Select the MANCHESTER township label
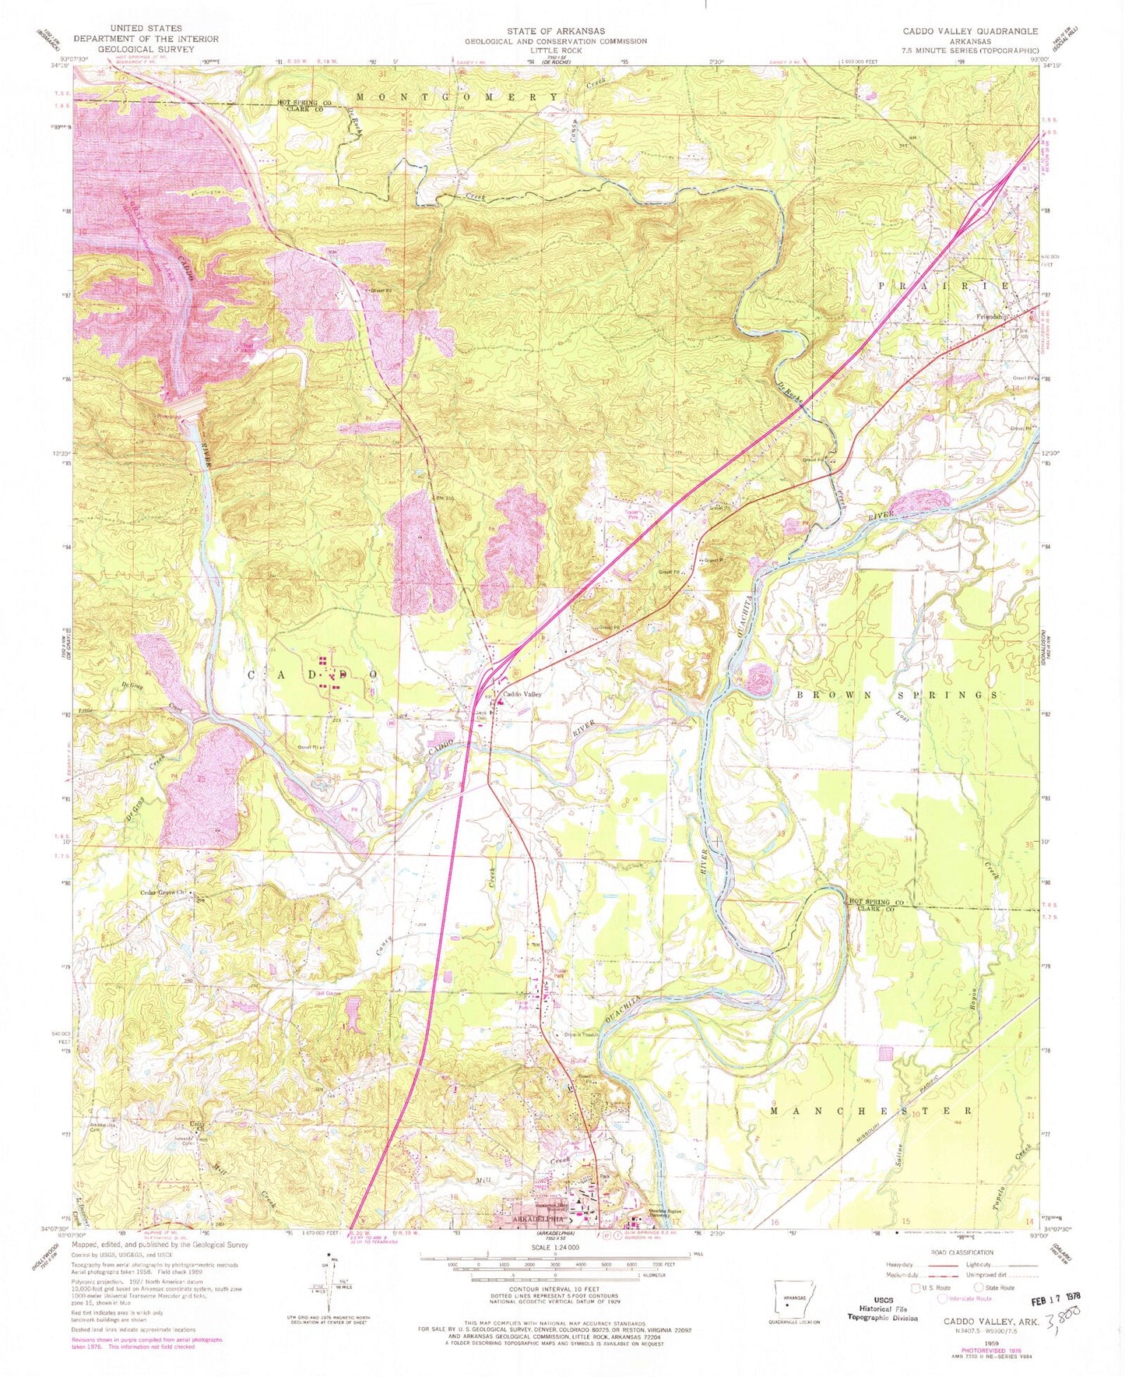tap(870, 1111)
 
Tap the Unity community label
tap(197, 1124)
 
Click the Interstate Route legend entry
tap(968, 1298)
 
